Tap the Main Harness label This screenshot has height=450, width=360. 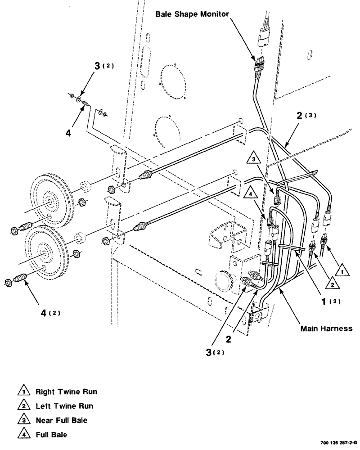326,328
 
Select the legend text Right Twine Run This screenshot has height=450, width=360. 66,391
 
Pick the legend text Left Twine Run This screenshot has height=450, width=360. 64,406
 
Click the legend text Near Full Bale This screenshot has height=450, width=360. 61,421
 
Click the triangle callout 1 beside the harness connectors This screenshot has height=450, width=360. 342,271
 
